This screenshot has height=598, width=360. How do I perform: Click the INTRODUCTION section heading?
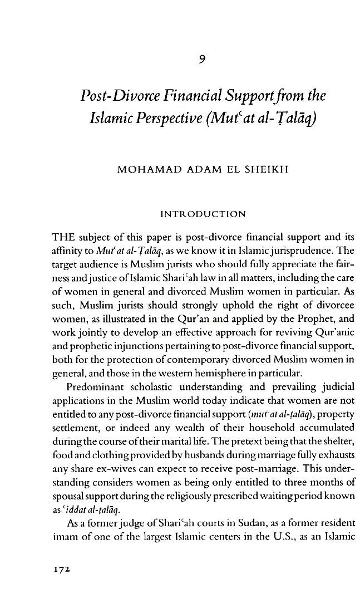(x=203, y=213)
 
